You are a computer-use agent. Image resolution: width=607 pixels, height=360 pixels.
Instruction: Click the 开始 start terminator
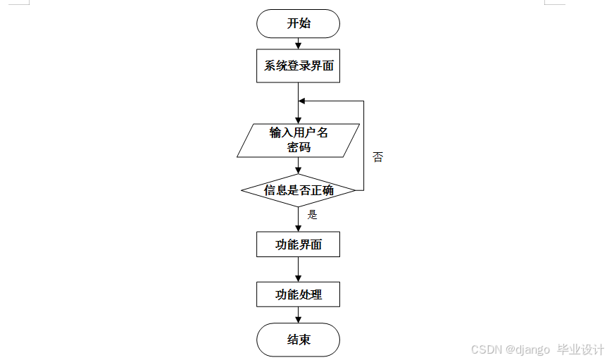[x=299, y=23]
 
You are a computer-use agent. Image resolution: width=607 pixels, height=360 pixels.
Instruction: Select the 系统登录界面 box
[x=299, y=66]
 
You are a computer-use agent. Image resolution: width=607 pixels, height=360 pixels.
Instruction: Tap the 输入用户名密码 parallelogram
[x=299, y=140]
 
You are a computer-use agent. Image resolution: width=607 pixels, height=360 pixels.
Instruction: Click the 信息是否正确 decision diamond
[x=299, y=190]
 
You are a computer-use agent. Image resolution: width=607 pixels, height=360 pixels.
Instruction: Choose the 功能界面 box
[x=299, y=244]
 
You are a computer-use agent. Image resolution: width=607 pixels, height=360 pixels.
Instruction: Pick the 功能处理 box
[x=299, y=294]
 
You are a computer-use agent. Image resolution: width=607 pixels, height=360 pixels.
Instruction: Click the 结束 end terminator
[x=299, y=340]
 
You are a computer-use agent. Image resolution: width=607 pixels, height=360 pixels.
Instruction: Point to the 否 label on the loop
[x=378, y=157]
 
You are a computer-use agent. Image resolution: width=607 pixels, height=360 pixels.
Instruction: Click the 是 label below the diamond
[x=313, y=215]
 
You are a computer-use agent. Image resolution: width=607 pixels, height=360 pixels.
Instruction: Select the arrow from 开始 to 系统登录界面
[x=299, y=44]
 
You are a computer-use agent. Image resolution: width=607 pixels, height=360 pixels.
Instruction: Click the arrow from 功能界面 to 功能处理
[x=299, y=270]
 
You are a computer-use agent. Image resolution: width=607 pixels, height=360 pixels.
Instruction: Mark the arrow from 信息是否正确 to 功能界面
[x=299, y=219]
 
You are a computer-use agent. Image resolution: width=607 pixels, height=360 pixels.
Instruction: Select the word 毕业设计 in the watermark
[x=581, y=349]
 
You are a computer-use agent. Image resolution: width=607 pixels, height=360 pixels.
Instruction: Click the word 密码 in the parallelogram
[x=299, y=148]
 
